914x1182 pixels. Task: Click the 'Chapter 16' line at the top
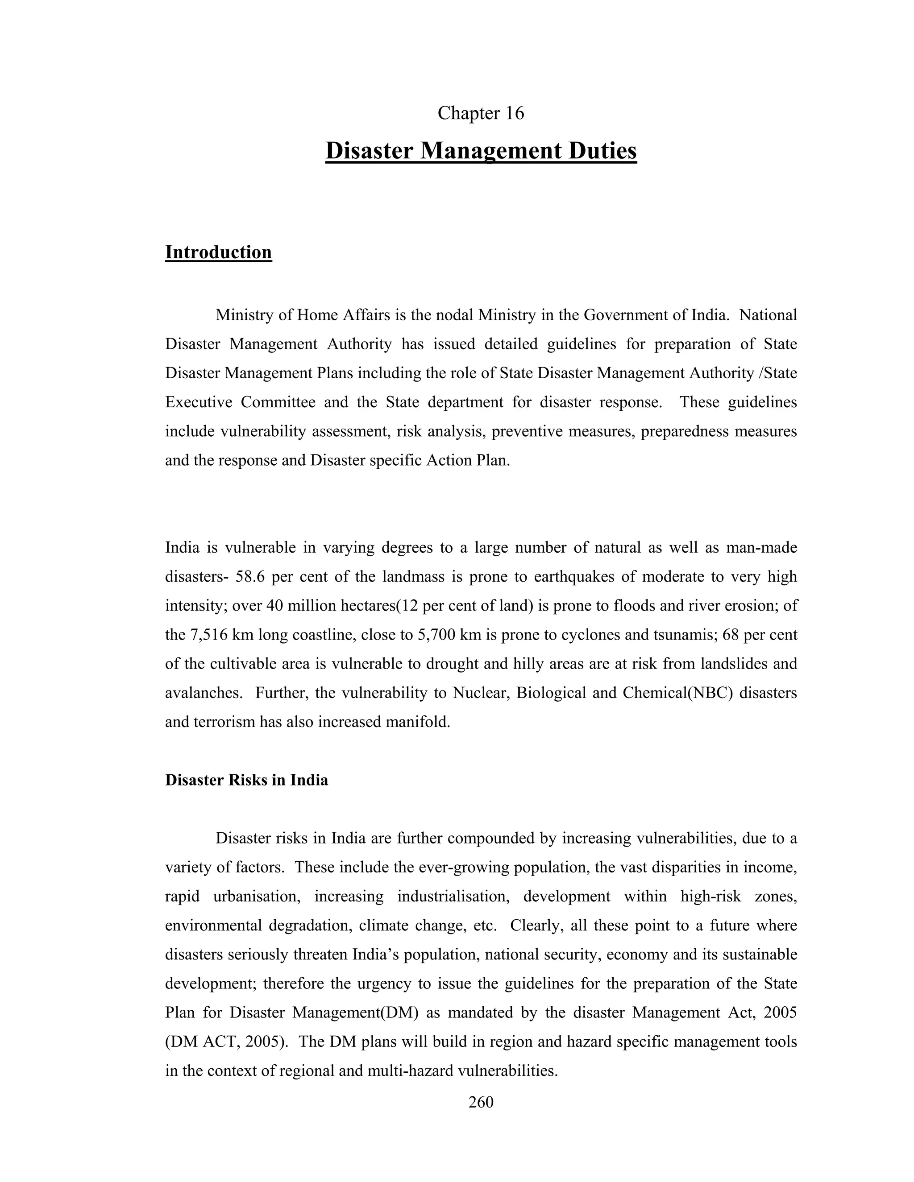[x=480, y=113]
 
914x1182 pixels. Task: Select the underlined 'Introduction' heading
[x=218, y=252]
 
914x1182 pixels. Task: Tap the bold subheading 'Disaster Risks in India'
[x=246, y=780]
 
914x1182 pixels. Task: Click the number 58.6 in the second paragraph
[x=250, y=576]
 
